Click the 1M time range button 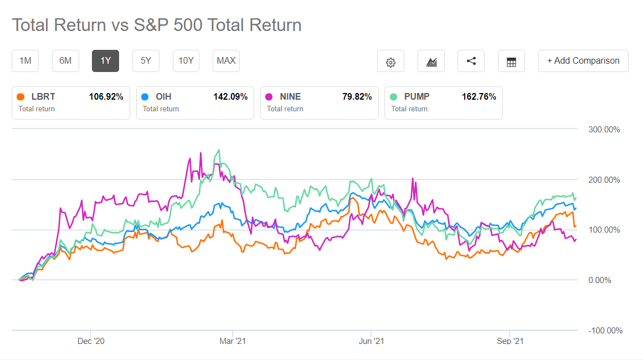coord(25,61)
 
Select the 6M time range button coord(65,61)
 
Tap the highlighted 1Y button coord(105,61)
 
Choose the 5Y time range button coord(146,61)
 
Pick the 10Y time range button coord(186,61)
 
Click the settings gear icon coord(390,61)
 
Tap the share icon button coord(471,61)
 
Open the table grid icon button coord(511,61)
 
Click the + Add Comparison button coord(583,61)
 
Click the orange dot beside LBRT coord(21,97)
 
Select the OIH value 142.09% coord(230,97)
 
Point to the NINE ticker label coord(290,97)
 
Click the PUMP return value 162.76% coord(479,97)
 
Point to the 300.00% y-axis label coord(603,130)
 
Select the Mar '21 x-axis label coord(233,342)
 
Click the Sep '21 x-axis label coord(510,342)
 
